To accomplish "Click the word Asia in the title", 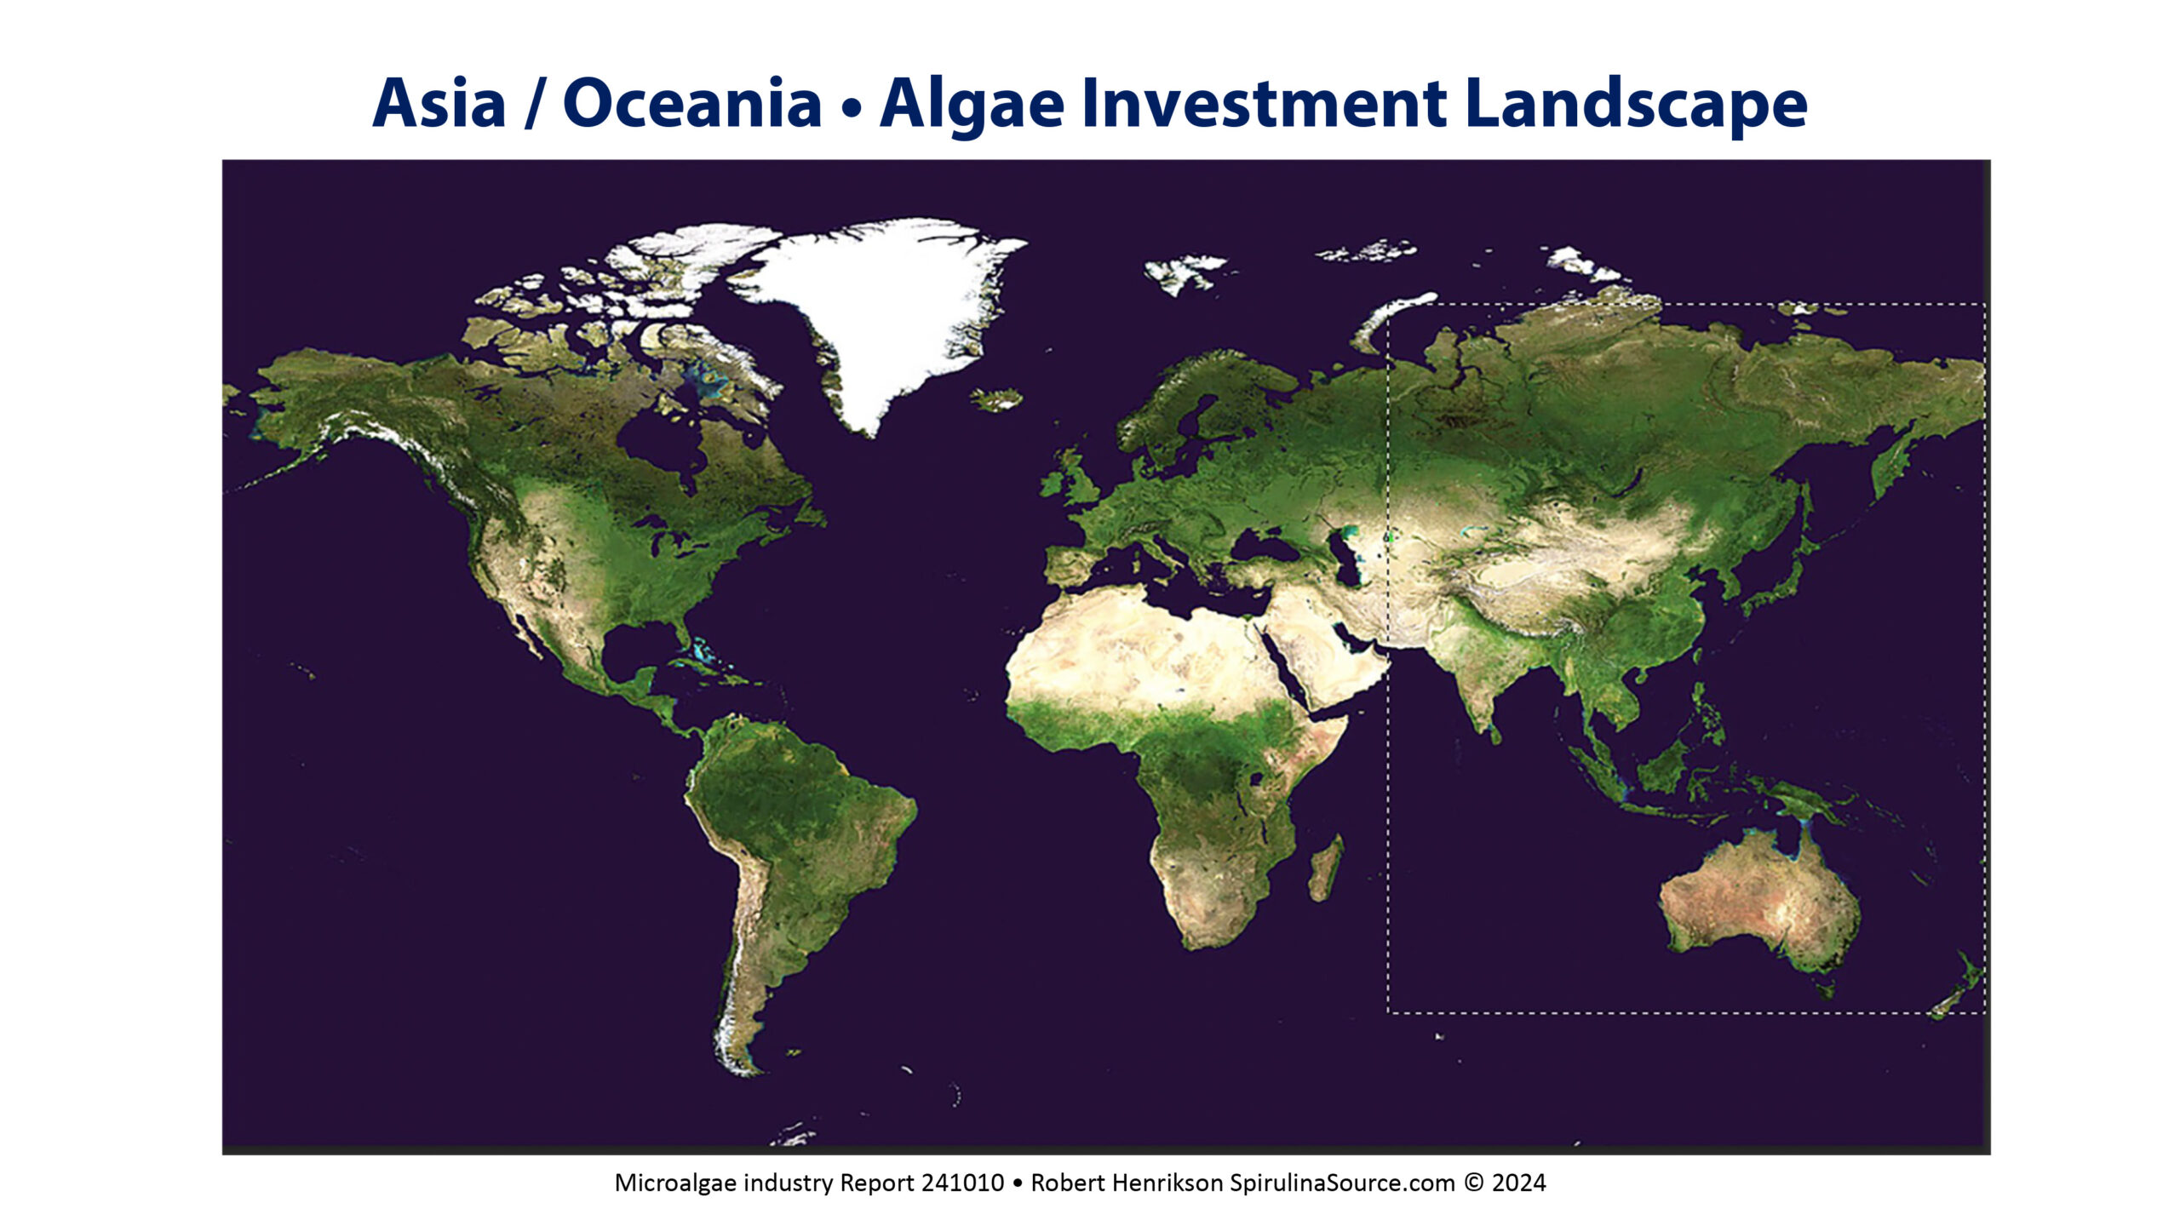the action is point(439,103).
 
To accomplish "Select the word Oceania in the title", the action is point(692,103).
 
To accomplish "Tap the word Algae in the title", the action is point(972,105).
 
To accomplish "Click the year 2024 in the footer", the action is point(1519,1183).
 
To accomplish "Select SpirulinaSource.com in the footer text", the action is point(1342,1183).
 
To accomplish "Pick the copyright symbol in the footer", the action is point(1473,1183).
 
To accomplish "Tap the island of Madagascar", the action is point(1326,868).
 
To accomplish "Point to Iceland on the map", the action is point(997,399).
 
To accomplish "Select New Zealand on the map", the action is point(1959,988).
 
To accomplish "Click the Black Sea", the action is point(1268,545).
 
